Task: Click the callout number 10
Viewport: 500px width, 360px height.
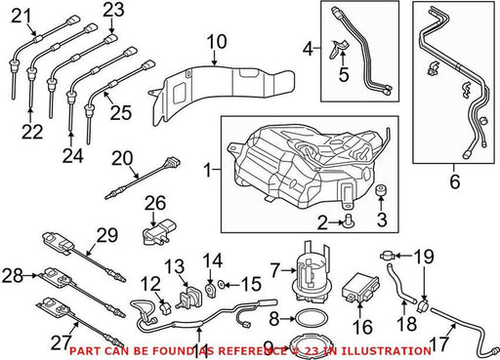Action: [217, 42]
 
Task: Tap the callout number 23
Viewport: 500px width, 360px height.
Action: [114, 10]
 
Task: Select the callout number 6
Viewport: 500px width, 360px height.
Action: [455, 181]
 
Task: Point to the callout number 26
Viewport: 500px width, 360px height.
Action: [155, 203]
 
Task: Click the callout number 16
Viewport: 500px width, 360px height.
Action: [362, 327]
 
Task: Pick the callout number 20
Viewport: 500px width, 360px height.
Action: [122, 159]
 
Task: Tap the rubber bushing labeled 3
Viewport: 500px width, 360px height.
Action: [381, 190]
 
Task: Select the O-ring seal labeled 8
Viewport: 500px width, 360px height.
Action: [312, 319]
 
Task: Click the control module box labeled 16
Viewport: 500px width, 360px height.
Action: [360, 288]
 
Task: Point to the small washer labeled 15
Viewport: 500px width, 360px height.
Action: [221, 285]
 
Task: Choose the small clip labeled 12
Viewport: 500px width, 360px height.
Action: [166, 308]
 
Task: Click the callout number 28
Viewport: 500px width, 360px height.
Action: [13, 275]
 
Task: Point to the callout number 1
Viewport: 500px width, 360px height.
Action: [207, 170]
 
